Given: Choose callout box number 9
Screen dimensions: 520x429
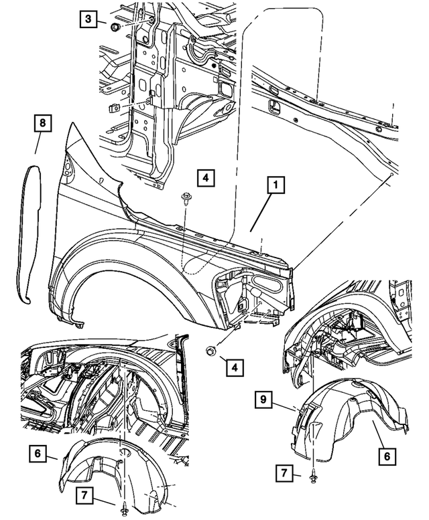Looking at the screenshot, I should [x=265, y=402].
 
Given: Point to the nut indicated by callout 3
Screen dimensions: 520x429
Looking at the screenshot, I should [x=115, y=27].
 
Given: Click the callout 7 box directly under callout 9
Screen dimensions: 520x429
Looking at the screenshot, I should [x=284, y=474].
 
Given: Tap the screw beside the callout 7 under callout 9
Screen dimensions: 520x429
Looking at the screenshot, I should [x=314, y=476].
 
